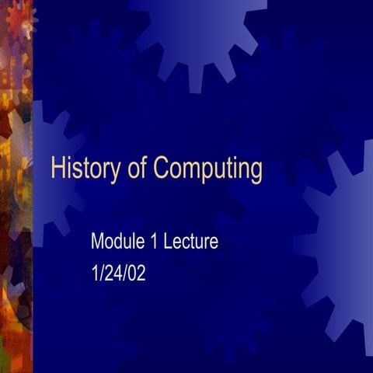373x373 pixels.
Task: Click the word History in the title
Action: click(x=85, y=169)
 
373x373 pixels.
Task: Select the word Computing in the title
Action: click(x=208, y=169)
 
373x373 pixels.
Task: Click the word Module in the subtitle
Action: click(x=117, y=241)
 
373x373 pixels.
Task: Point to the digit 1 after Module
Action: click(x=154, y=241)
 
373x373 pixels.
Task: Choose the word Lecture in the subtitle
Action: click(x=191, y=241)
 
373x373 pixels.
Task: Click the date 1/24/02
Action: click(x=119, y=274)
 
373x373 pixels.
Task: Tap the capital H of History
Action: click(x=57, y=168)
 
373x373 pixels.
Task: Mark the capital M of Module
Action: click(x=97, y=241)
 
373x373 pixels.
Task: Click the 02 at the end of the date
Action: click(x=137, y=274)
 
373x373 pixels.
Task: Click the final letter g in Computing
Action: click(x=256, y=173)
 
